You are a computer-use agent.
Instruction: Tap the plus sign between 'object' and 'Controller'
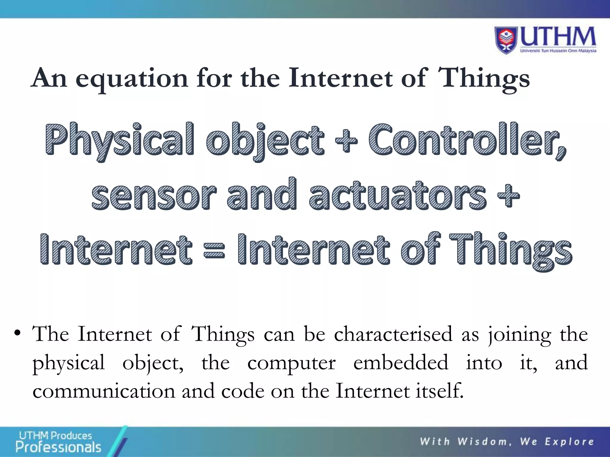coord(346,140)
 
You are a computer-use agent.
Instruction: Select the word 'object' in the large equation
coord(265,140)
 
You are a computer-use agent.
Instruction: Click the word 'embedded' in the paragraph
coord(401,362)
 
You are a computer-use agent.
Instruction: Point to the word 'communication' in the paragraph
coord(104,391)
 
